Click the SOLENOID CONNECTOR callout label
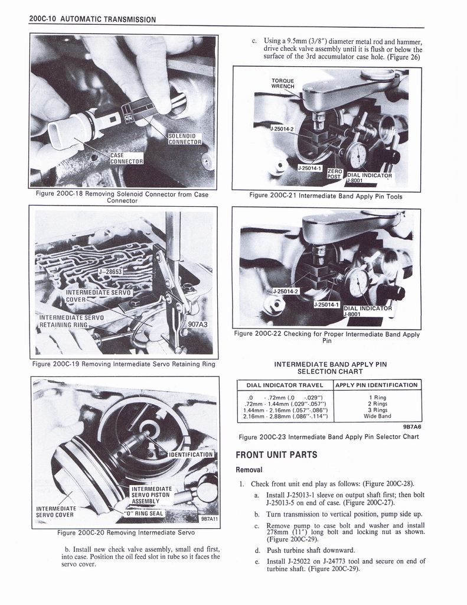(185, 138)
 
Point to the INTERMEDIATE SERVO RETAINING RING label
(71, 321)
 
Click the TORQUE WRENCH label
(283, 83)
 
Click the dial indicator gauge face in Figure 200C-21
(357, 155)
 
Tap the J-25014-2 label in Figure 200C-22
(286, 291)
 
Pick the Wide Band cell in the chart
(377, 416)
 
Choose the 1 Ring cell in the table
(377, 397)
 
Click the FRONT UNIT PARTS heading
(276, 455)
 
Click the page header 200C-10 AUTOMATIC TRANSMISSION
(92, 19)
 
